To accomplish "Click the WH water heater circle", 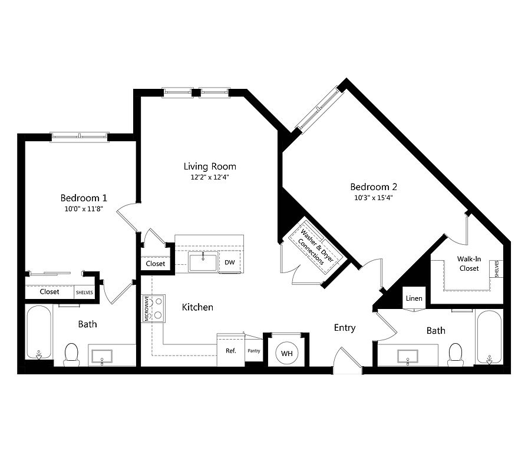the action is (286, 353).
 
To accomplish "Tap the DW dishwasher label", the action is (230, 262).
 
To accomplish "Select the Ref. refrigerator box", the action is (230, 350).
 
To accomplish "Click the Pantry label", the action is (254, 351).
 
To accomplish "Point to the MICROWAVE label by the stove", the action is (147, 308).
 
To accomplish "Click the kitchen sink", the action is (203, 262).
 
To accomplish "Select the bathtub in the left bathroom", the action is (39, 333).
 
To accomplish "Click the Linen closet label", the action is (414, 298).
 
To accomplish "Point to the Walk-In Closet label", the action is (469, 264).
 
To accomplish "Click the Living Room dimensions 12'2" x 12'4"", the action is (210, 177).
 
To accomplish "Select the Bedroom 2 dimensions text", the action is (374, 197).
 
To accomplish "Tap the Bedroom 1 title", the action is (84, 198).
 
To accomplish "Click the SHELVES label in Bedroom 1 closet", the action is (84, 293).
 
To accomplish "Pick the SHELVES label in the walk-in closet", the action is (497, 269).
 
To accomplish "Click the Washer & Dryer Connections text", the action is (315, 247).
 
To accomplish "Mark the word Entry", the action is (345, 328).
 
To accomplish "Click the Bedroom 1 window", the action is (80, 137).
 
